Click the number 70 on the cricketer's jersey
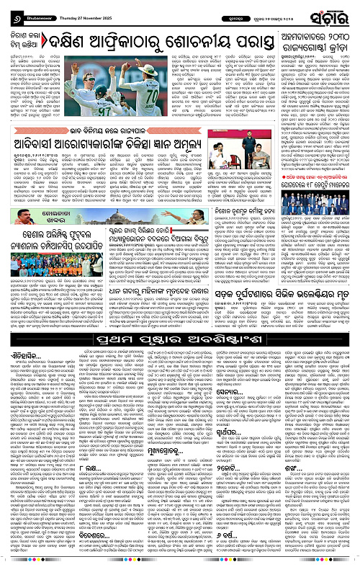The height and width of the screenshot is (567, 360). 149,78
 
